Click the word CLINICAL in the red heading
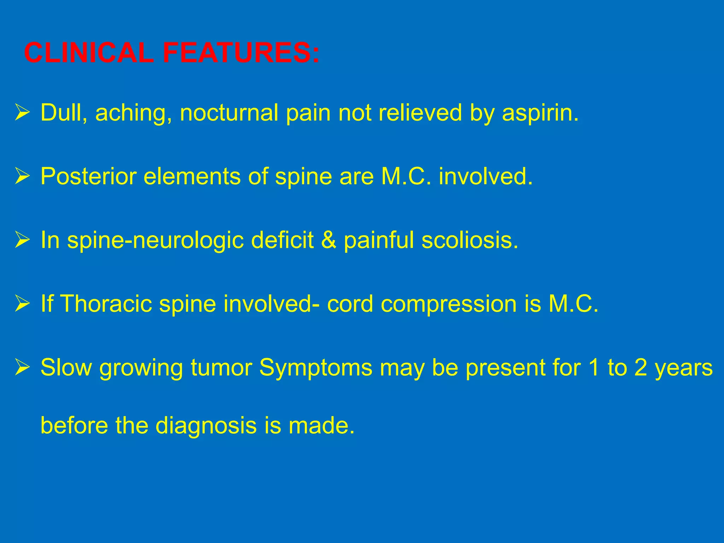click(x=89, y=53)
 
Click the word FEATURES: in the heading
click(x=241, y=53)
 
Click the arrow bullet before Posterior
click(x=22, y=177)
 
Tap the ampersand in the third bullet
click(x=329, y=240)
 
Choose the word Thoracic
click(x=106, y=304)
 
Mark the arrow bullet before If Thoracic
click(x=22, y=304)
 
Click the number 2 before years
click(x=640, y=368)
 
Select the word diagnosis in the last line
click(x=206, y=426)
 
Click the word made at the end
click(x=321, y=426)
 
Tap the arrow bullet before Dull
click(x=22, y=113)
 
